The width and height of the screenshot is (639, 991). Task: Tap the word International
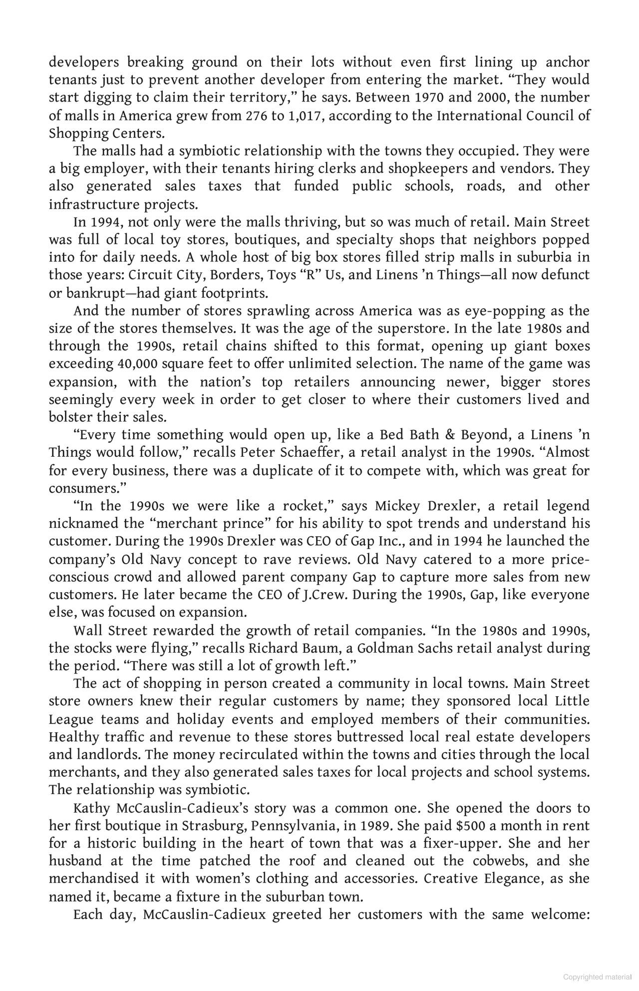point(478,116)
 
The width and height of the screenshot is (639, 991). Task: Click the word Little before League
point(572,701)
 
